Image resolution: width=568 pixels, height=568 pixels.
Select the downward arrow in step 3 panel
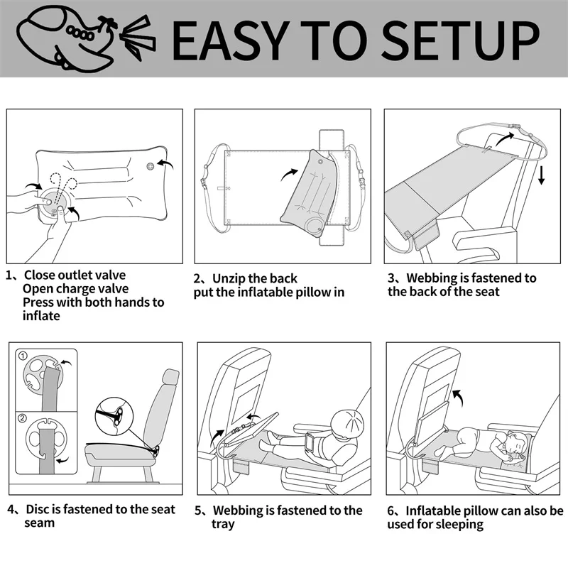(x=541, y=175)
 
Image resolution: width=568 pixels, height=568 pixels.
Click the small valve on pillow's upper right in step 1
(x=150, y=167)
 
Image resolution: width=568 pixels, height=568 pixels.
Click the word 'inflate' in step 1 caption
(x=41, y=315)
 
